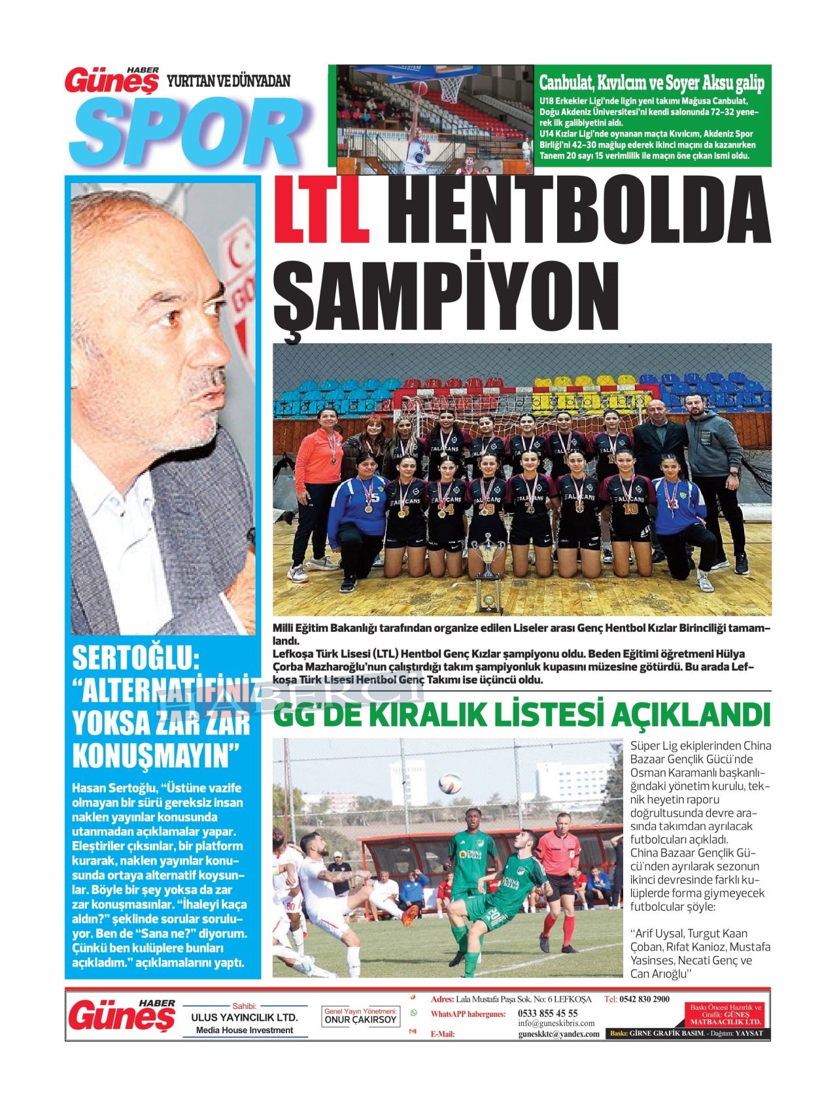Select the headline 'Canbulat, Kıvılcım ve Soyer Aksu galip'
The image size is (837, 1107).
click(x=651, y=83)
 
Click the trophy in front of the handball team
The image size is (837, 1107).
click(x=487, y=572)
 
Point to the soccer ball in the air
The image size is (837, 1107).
click(x=449, y=782)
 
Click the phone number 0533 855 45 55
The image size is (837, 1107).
click(x=547, y=1013)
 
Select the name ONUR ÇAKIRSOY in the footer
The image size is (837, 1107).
click(x=361, y=1019)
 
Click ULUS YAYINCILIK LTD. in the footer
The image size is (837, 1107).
click(x=244, y=1017)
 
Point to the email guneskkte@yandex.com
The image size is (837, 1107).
click(x=558, y=1034)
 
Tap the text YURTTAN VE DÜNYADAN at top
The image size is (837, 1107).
click(x=229, y=81)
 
